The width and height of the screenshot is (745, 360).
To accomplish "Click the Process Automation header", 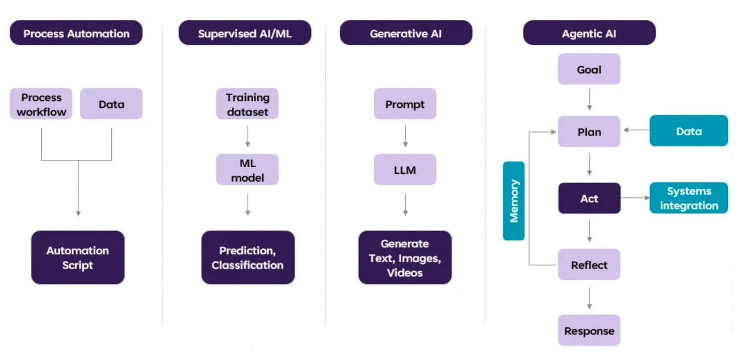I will click(x=76, y=34).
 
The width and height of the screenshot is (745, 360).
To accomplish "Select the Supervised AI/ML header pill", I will click(x=245, y=34).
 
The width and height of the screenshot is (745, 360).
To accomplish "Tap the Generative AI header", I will click(x=406, y=34).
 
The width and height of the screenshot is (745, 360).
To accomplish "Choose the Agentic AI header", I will click(x=589, y=34).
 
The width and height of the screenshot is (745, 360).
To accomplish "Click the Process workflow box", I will click(x=41, y=104).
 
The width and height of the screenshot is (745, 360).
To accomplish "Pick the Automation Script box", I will click(x=78, y=258).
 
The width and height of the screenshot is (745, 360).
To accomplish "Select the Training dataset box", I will click(x=247, y=104).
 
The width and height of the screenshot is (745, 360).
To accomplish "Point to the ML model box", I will click(x=247, y=170).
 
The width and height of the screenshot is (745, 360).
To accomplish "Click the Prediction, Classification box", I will click(x=248, y=258).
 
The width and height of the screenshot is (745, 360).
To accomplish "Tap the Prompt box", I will click(x=405, y=104).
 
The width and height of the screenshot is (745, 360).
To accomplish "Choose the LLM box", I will click(x=405, y=170).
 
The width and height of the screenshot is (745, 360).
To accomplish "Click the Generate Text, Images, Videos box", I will click(x=405, y=258).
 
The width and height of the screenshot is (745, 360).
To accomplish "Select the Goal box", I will click(x=589, y=70).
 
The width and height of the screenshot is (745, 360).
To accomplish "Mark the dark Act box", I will click(x=589, y=198).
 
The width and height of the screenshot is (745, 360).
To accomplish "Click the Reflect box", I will click(x=589, y=265).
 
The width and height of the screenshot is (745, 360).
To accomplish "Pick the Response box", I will click(x=589, y=331).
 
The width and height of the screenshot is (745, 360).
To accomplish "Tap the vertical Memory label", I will click(x=514, y=201).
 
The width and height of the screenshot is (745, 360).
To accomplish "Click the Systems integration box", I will click(x=689, y=198).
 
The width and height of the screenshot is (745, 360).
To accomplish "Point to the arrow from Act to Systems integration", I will click(x=635, y=198).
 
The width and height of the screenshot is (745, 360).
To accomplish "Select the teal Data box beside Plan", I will click(x=689, y=131).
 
